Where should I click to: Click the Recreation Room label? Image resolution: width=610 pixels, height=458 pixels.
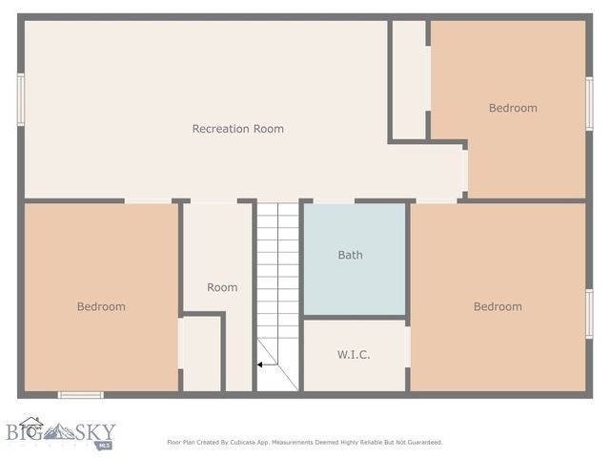point(237,129)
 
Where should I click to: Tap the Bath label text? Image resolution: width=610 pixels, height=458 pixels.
point(350,255)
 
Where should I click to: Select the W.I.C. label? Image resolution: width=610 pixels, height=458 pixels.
point(354,355)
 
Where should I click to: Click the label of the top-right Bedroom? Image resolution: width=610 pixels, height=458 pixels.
point(513,108)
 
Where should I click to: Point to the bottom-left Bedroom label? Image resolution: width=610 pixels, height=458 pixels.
point(101,306)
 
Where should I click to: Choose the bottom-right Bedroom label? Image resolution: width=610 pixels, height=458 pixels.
point(498,306)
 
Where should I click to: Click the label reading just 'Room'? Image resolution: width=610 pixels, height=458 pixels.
point(222,287)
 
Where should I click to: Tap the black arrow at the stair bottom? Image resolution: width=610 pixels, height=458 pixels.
point(259,364)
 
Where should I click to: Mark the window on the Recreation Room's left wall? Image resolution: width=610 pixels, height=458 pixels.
point(20,100)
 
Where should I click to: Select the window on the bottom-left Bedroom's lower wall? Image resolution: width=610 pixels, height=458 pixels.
point(80,394)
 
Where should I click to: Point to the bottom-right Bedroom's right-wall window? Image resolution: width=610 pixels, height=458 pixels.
point(589,314)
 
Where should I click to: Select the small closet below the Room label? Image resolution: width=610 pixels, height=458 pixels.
point(201,352)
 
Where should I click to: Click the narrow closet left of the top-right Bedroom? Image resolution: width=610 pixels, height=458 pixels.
point(409,81)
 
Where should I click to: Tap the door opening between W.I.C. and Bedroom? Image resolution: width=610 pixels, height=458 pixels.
point(407,346)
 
